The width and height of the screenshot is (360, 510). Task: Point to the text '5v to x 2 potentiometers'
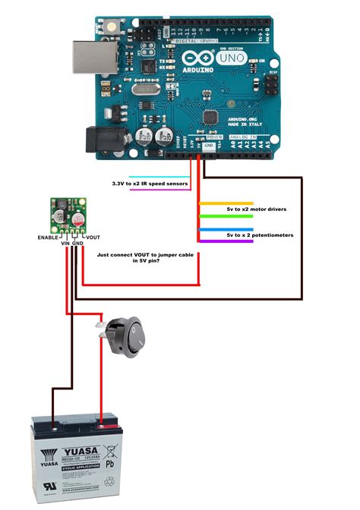click(260, 235)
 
